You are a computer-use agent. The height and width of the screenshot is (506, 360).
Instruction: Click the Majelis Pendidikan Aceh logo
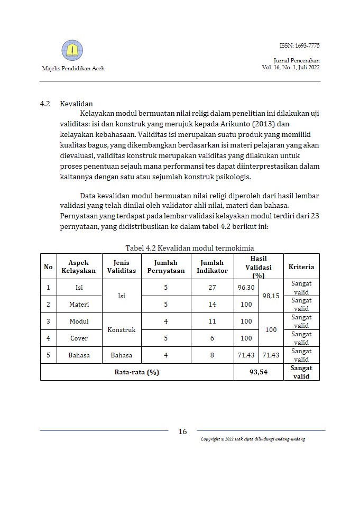click(x=72, y=51)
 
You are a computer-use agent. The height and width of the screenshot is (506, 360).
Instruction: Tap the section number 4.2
click(x=45, y=104)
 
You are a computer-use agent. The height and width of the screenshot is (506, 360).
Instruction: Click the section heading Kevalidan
click(x=77, y=104)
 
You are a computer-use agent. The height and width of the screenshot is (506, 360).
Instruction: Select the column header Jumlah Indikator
click(x=212, y=266)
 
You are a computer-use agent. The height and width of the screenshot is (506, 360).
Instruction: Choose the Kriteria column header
click(x=301, y=266)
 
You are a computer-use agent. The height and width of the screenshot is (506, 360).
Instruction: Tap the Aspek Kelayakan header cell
click(x=79, y=266)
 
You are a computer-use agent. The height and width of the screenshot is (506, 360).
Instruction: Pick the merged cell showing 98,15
click(x=272, y=296)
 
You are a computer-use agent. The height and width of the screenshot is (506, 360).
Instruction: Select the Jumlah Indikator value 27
click(x=212, y=287)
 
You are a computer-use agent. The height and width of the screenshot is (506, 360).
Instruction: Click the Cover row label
click(x=79, y=338)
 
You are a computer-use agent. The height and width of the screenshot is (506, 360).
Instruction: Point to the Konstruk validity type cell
click(x=122, y=329)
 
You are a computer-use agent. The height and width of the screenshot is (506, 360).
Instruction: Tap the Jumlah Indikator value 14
click(x=212, y=304)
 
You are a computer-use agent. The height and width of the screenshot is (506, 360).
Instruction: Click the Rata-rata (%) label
click(x=137, y=372)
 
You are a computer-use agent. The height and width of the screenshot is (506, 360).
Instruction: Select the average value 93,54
click(x=259, y=372)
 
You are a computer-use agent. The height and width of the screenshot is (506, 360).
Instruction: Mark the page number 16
click(x=182, y=431)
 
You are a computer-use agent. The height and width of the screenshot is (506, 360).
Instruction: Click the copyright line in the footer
click(x=253, y=440)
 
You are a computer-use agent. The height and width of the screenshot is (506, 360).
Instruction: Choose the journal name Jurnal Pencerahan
click(x=297, y=61)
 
